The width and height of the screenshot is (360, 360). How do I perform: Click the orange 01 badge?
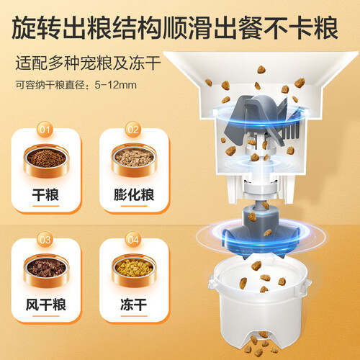pos(45,130)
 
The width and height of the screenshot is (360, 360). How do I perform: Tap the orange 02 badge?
pos(133,130)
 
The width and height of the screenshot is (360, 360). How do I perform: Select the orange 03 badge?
pos(45,240)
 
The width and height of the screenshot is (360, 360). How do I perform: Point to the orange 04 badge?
pos(133,240)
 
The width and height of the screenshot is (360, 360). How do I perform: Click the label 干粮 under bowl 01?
pos(45,194)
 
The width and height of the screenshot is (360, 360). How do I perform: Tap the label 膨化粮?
pos(134,194)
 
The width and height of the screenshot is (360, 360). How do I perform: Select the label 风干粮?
pos(45,305)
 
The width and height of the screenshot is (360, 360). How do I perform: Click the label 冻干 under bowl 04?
pos(134,305)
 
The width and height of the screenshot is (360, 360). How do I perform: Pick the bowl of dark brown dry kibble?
pos(46,161)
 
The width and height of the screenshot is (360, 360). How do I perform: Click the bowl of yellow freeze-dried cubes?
pos(134,270)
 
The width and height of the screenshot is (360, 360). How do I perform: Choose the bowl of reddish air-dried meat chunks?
pos(46,270)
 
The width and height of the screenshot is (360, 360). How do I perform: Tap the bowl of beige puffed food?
pos(134,161)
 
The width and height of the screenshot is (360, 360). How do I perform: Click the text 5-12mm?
pos(116,85)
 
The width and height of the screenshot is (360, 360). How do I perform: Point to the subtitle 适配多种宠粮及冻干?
pos(88,63)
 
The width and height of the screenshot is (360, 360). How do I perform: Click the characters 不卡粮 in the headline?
pos(301,27)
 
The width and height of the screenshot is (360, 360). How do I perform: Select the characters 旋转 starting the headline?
pos(36,27)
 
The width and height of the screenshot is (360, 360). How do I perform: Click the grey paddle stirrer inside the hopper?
pos(261,117)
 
